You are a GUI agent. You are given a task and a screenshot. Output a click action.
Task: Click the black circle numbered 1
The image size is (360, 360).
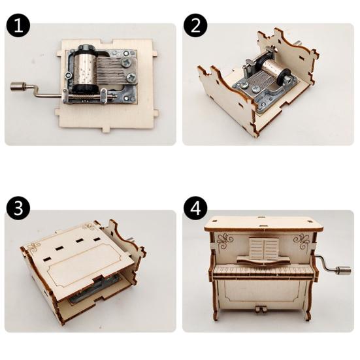click(18, 26)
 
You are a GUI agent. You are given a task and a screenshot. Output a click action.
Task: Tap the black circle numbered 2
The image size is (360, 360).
click(195, 26)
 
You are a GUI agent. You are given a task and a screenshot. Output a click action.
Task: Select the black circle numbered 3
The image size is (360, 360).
click(18, 208)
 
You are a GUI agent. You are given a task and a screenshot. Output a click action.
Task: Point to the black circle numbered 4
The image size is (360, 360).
click(195, 208)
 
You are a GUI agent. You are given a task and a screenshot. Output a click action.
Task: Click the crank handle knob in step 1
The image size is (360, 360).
click(18, 86)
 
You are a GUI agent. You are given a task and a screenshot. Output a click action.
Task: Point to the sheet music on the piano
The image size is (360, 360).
click(264, 249)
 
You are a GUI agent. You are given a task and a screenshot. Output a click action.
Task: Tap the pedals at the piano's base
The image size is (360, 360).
click(260, 309)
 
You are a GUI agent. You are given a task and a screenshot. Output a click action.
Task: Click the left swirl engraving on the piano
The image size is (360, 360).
click(225, 242)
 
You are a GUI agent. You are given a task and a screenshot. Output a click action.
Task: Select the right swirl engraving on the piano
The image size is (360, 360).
click(302, 242)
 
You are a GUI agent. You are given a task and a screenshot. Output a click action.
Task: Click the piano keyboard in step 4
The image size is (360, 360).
click(263, 271)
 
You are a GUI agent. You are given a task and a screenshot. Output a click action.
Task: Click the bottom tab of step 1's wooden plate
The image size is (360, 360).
click(106, 130)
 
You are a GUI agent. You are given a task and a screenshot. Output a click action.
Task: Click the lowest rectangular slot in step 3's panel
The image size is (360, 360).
click(47, 259)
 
